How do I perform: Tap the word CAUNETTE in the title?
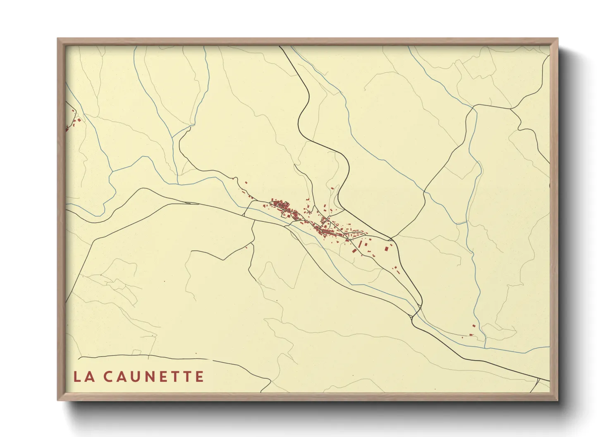(x=153, y=377)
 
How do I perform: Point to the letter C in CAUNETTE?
(x=108, y=377)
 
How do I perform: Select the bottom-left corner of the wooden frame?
(x=58, y=399)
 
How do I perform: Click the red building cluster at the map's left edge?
(x=73, y=122)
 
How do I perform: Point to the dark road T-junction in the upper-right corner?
(x=511, y=109)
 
